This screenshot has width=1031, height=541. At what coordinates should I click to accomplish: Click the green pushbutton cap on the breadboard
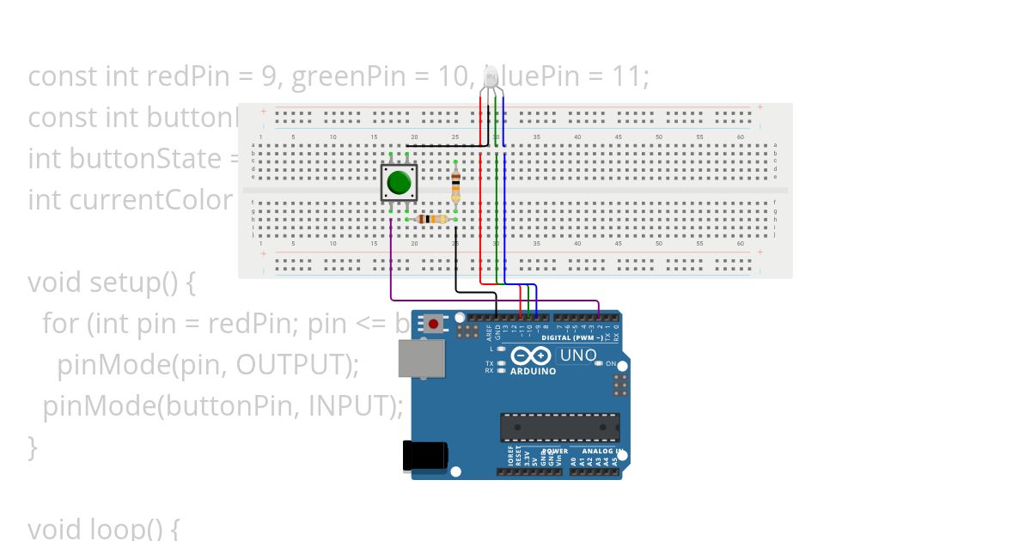[399, 182]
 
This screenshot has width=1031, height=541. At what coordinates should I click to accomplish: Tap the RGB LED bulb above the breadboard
[491, 78]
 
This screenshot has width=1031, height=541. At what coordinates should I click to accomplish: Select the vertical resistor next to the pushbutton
[455, 182]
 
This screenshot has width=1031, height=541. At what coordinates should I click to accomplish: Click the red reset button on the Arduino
[434, 324]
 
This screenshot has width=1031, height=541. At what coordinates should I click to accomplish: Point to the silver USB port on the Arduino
[421, 358]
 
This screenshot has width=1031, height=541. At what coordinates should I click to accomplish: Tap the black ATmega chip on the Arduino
[560, 427]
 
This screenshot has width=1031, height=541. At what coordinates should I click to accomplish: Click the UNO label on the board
[578, 355]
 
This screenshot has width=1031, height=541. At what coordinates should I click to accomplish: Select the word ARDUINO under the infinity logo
[533, 372]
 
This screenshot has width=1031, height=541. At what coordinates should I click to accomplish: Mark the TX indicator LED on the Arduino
[501, 363]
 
